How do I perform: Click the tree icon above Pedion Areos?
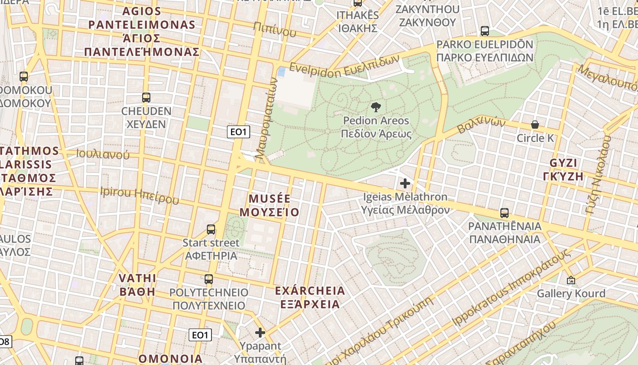[376, 108]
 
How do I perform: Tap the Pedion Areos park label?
[376, 127]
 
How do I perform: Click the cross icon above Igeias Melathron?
[405, 183]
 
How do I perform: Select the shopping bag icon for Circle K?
[535, 125]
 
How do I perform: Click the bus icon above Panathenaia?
[504, 213]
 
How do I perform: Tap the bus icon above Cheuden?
[146, 97]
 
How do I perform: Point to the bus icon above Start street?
[211, 229]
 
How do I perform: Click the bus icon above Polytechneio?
[208, 279]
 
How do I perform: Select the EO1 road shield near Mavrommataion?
[239, 132]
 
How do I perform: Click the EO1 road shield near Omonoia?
[200, 335]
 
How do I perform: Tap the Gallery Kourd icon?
[571, 280]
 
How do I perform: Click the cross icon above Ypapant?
[260, 333]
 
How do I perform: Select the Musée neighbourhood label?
[269, 205]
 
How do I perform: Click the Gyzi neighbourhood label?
[563, 170]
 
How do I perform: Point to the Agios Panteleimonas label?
[142, 31]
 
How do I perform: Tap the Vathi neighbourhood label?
[137, 285]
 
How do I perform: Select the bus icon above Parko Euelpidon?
[485, 31]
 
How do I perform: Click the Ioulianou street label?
[103, 154]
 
